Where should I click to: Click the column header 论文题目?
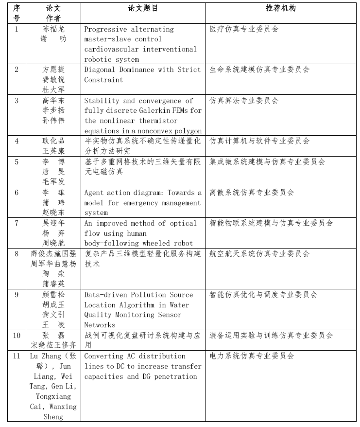point(143,8)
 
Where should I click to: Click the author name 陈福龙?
point(53,29)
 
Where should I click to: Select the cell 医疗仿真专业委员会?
point(244,29)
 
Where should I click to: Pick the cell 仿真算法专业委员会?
point(244,101)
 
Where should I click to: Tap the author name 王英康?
point(53,152)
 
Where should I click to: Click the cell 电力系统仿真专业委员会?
point(252,356)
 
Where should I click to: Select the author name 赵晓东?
point(53,213)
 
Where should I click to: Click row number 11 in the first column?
point(17,356)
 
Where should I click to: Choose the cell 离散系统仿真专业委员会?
point(252,193)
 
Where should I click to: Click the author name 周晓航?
point(53,244)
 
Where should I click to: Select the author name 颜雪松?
point(53,295)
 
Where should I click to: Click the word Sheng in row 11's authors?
point(53,417)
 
